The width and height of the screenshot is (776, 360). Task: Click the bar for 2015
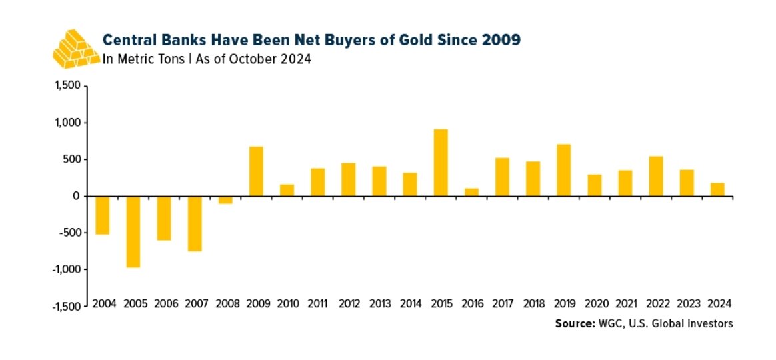point(441,163)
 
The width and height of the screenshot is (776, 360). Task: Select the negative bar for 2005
point(133,231)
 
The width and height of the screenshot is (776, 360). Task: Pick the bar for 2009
point(256,171)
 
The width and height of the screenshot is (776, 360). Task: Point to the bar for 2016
point(471,192)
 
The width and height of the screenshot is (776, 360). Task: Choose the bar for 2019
point(563,170)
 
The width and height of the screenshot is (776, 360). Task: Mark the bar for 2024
point(717,189)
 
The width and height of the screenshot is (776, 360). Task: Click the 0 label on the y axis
point(76,196)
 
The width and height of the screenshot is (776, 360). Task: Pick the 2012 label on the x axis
point(349,303)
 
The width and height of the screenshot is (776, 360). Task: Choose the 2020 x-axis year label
point(594,303)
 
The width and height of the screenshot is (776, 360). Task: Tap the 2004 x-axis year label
point(105,303)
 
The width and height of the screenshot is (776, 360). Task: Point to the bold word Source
point(574,323)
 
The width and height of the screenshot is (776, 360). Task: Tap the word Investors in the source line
point(712,323)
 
